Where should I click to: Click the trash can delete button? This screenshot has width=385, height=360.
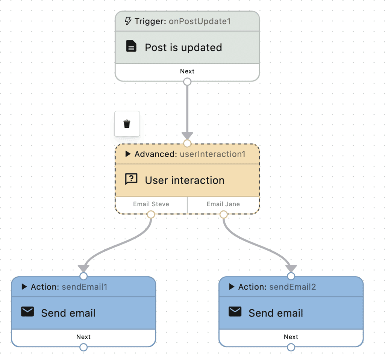pos(127,124)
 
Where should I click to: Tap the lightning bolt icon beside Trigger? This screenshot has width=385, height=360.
pos(128,21)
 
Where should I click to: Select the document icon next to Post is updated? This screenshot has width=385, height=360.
pos(131,47)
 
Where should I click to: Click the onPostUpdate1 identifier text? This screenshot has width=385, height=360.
pos(200,21)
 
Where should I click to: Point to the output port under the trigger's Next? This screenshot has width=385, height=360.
pos(187,82)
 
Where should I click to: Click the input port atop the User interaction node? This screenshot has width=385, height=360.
pos(187,144)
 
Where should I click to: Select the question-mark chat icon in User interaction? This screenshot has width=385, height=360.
pos(131,179)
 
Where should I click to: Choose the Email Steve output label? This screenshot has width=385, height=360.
pos(151,204)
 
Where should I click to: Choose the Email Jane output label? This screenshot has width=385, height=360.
pos(223,204)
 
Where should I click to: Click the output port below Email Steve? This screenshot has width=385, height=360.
pos(151,215)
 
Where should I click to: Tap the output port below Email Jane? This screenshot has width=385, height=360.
pos(223,215)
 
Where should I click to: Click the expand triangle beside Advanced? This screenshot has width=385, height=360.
pos(128,154)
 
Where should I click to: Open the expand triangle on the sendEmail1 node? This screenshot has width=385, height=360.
pos(24,287)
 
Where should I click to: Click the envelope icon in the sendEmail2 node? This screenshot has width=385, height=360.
pos(235,312)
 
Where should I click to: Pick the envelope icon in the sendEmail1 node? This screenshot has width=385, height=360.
pos(27,312)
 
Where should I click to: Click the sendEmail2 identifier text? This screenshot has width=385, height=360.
pos(293,287)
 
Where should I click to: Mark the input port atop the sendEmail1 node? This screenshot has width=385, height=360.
pos(83,276)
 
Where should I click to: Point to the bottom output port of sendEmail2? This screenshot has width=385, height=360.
pos(291,347)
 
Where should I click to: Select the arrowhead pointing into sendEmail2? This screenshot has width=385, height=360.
pos(291,269)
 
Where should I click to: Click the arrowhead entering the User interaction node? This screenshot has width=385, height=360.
pos(187,136)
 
